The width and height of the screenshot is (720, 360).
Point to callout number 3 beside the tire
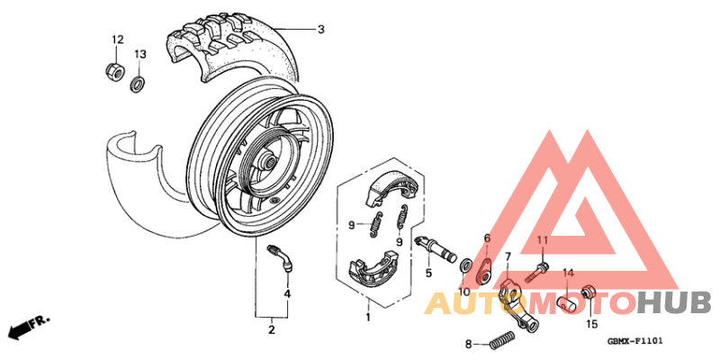[320, 30]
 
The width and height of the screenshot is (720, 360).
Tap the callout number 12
[116, 40]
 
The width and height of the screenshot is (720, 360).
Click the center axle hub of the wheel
[268, 163]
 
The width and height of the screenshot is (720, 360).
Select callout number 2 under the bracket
[270, 330]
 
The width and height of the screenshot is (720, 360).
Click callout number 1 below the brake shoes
[367, 317]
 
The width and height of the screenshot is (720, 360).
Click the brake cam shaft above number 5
[436, 245]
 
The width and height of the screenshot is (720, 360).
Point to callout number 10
[465, 292]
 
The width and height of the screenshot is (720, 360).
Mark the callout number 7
[508, 257]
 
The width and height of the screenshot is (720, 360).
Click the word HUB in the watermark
[674, 302]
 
